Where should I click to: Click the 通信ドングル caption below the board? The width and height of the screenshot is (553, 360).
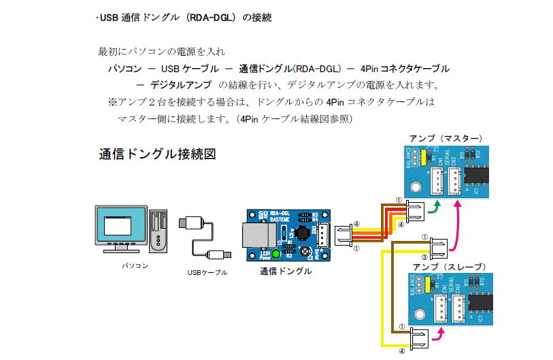286,272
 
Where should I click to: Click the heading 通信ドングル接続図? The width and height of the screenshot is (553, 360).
158,154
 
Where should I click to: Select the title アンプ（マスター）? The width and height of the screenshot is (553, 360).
446,138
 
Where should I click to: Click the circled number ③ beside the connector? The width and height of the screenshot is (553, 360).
425,257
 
